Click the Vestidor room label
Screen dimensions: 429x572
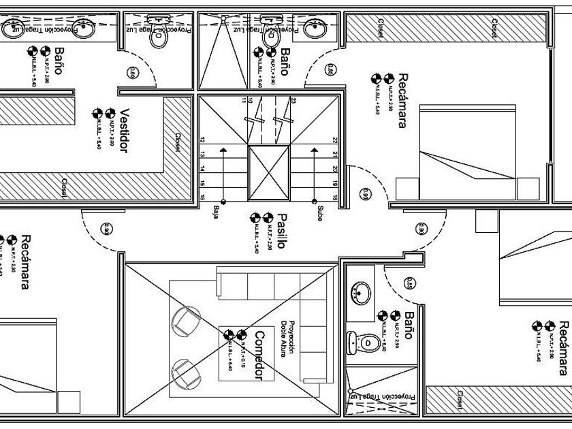click(x=124, y=130)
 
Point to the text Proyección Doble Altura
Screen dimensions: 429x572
click(x=288, y=338)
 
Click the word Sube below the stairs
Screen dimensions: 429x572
click(x=318, y=213)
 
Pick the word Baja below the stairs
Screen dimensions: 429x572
click(x=216, y=210)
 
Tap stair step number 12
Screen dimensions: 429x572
click(x=202, y=140)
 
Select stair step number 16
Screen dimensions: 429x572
click(x=202, y=197)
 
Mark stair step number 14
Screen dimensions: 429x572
click(x=202, y=168)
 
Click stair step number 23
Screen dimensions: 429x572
click(x=293, y=101)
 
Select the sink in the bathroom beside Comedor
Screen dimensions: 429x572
click(x=360, y=293)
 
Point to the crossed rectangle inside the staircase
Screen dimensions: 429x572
click(x=269, y=170)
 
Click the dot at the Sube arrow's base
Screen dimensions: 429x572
click(x=314, y=202)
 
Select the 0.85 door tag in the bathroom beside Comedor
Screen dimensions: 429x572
click(x=409, y=283)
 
